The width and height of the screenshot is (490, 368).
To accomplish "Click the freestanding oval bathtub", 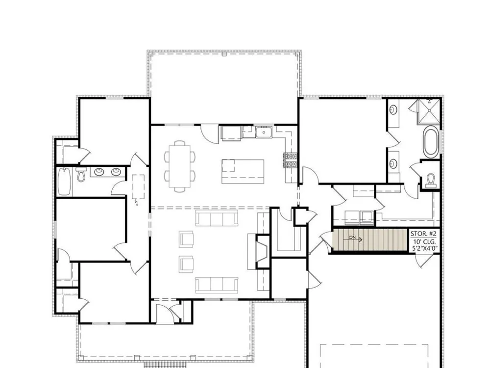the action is coord(431,141).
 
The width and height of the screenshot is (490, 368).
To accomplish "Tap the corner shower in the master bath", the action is coord(429,111).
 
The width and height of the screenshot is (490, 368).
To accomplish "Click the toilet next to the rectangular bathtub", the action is coord(81,175).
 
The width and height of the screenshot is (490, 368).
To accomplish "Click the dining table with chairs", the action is coord(180,166).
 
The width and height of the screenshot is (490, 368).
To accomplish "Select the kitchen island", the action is coord(243,171).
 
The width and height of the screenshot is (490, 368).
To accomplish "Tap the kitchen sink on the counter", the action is coord(264,132).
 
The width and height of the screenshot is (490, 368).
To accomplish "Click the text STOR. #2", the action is coord(423,234).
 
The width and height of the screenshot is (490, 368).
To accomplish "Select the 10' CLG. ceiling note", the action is coord(424,242).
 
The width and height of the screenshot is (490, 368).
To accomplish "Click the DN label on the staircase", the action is coord(352,238).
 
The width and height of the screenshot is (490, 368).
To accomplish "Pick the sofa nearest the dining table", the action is coord(216,218).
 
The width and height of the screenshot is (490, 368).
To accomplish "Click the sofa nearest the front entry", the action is coord(216,285).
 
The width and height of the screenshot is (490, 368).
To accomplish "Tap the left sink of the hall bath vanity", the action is coord(99,171).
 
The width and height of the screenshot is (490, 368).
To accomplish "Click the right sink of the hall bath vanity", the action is coord(116,171).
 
